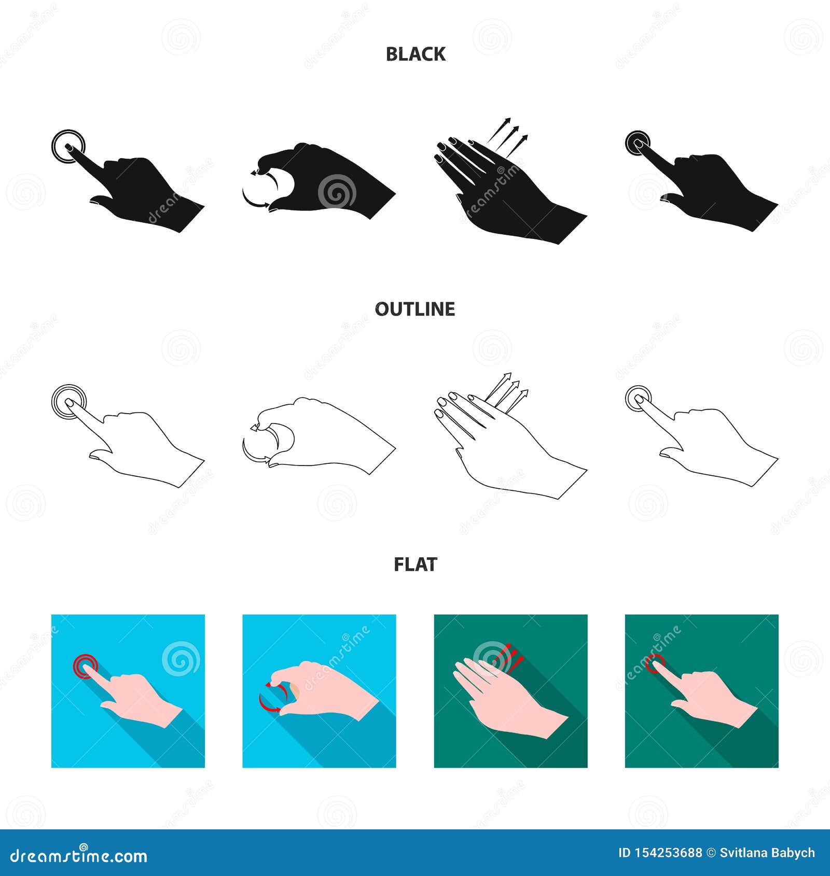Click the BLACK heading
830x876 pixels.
coord(416,54)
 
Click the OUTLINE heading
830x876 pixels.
coord(415,309)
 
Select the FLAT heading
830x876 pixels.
coord(416,564)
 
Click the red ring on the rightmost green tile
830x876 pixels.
coord(656,663)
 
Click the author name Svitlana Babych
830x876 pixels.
coord(767,853)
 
